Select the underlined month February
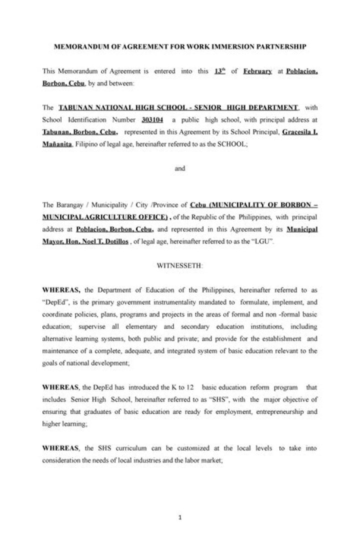coord(257,71)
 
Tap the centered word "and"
coord(180,168)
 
